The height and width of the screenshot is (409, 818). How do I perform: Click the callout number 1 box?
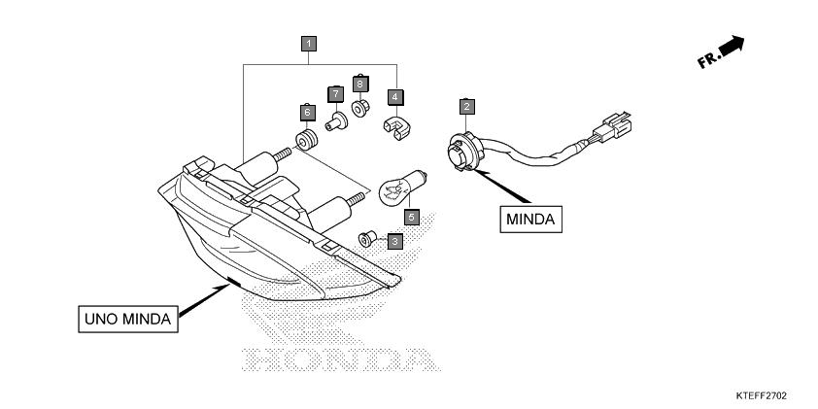[308, 44]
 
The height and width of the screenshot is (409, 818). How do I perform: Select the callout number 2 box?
[467, 107]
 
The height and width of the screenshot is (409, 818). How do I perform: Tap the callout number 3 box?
[395, 242]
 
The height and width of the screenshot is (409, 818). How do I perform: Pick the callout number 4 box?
[395, 97]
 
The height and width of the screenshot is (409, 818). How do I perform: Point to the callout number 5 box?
[412, 217]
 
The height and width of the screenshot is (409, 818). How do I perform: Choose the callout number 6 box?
[307, 112]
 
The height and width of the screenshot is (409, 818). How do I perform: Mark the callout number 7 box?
[335, 94]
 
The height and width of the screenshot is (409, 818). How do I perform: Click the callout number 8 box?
[360, 84]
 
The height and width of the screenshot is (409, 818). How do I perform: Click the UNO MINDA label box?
[128, 319]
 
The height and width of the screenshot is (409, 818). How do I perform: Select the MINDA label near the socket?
[531, 220]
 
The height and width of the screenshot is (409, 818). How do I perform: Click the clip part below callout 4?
[396, 129]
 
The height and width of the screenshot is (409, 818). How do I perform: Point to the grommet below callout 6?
[306, 140]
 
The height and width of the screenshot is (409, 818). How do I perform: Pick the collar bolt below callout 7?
[336, 121]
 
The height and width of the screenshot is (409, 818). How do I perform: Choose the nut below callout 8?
[360, 109]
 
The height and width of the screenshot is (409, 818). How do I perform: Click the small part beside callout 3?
[367, 239]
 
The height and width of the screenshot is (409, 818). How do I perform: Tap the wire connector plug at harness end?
[611, 126]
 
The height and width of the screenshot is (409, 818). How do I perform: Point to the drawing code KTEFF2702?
[761, 396]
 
